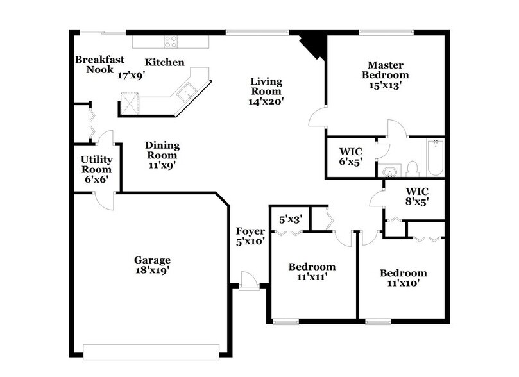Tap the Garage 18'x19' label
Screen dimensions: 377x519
[x=152, y=265]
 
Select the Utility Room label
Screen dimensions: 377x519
[x=96, y=169]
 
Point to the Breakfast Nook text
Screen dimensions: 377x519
[x=99, y=65]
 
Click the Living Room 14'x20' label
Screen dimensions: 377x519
[x=266, y=90]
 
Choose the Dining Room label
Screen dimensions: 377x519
[x=162, y=155]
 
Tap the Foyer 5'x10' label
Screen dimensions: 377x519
[x=250, y=237]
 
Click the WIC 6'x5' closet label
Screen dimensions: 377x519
[x=351, y=156]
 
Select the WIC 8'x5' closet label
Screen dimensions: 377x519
[x=416, y=196]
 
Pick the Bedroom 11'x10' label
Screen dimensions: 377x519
[x=403, y=278]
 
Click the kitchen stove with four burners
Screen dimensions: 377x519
[x=171, y=42]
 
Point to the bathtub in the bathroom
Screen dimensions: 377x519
[x=435, y=158]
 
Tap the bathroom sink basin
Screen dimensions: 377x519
[x=389, y=171]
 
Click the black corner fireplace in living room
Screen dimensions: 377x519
[x=314, y=45]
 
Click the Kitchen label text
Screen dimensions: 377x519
[x=164, y=63]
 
